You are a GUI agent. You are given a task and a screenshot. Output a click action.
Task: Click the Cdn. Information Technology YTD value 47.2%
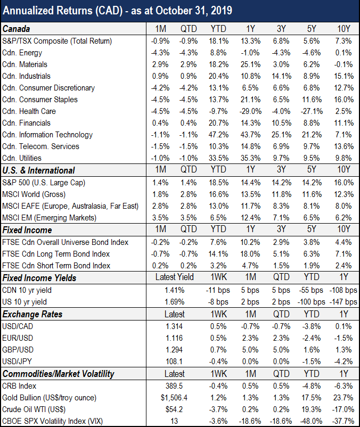(219, 135)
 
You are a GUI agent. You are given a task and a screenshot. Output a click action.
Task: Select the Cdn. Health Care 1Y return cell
(250, 111)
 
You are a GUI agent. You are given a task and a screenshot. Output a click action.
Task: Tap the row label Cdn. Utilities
(22, 158)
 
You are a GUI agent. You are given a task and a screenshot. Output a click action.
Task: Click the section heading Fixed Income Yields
(39, 278)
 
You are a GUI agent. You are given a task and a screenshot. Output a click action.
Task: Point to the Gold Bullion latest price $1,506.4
(174, 398)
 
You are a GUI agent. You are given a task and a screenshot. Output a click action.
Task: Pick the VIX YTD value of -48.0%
(312, 421)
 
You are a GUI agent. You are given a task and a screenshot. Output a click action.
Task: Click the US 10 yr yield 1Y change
(343, 302)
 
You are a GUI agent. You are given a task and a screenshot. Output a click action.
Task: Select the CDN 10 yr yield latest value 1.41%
(175, 290)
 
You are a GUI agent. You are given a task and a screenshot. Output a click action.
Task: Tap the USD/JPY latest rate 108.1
(174, 362)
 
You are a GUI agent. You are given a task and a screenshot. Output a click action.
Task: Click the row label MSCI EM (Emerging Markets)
(50, 218)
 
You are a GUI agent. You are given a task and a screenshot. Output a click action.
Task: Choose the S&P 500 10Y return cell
(344, 183)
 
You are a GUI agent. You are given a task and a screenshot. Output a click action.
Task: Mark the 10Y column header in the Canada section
(344, 29)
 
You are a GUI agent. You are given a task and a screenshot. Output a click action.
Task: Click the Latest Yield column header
(175, 277)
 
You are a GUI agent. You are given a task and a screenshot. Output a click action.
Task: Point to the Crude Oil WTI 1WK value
(219, 409)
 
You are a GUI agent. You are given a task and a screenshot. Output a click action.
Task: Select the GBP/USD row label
(18, 350)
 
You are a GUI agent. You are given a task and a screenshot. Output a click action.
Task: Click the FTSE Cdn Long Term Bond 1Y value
(250, 254)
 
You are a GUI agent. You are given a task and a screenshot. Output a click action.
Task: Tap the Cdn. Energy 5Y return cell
(312, 53)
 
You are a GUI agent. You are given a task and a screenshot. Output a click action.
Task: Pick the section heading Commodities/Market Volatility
(58, 374)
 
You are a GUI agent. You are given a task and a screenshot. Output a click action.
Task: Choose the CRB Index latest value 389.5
(174, 386)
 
